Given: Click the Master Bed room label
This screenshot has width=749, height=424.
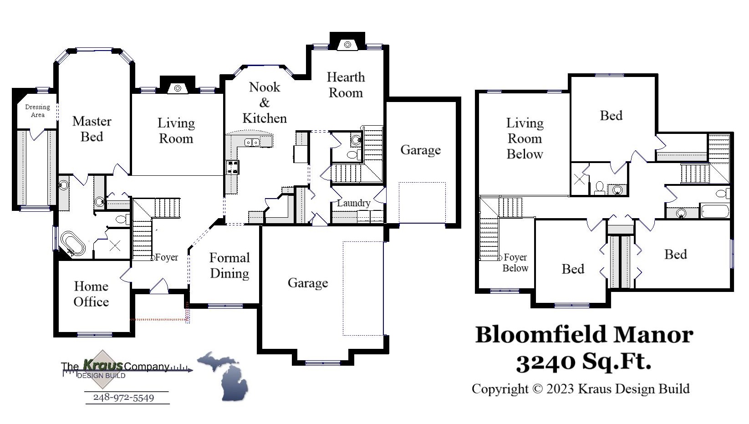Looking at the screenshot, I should point(92,129).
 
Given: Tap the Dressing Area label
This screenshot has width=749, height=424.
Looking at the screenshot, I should point(37,111).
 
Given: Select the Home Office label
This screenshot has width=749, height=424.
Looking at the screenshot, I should point(91,294).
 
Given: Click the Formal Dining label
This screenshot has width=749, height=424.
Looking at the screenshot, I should point(229,265).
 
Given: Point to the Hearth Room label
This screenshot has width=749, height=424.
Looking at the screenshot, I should point(346,85).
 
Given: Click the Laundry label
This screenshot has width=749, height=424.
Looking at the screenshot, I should point(353,203).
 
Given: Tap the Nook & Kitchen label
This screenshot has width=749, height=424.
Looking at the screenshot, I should point(265,102).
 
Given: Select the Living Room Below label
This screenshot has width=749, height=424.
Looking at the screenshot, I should point(525,138).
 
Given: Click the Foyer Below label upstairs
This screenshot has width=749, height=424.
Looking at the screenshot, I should point(515,263).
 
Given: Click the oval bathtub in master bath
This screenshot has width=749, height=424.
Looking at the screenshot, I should point(73,243).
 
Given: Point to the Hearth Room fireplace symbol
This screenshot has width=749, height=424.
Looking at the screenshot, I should point(347,44).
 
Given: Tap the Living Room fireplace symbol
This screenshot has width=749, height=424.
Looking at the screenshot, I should point(178,88).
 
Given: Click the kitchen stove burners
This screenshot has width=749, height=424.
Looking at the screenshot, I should point(232,167).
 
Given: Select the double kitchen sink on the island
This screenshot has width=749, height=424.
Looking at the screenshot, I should point(251,143).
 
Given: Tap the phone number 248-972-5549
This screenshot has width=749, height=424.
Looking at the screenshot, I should point(123,398).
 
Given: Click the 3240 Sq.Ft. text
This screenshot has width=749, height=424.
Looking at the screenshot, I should point(583,362).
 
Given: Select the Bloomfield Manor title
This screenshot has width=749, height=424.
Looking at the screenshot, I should point(584,335).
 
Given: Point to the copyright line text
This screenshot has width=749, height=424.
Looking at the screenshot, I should point(581,388).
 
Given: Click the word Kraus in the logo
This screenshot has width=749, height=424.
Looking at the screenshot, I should point(102,365).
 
